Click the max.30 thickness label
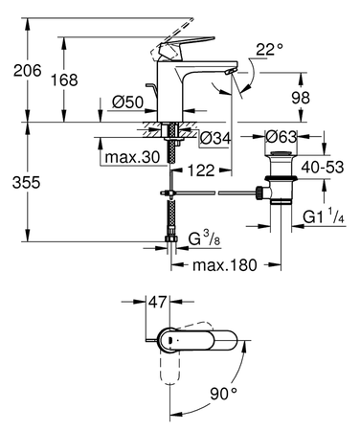[133, 156]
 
